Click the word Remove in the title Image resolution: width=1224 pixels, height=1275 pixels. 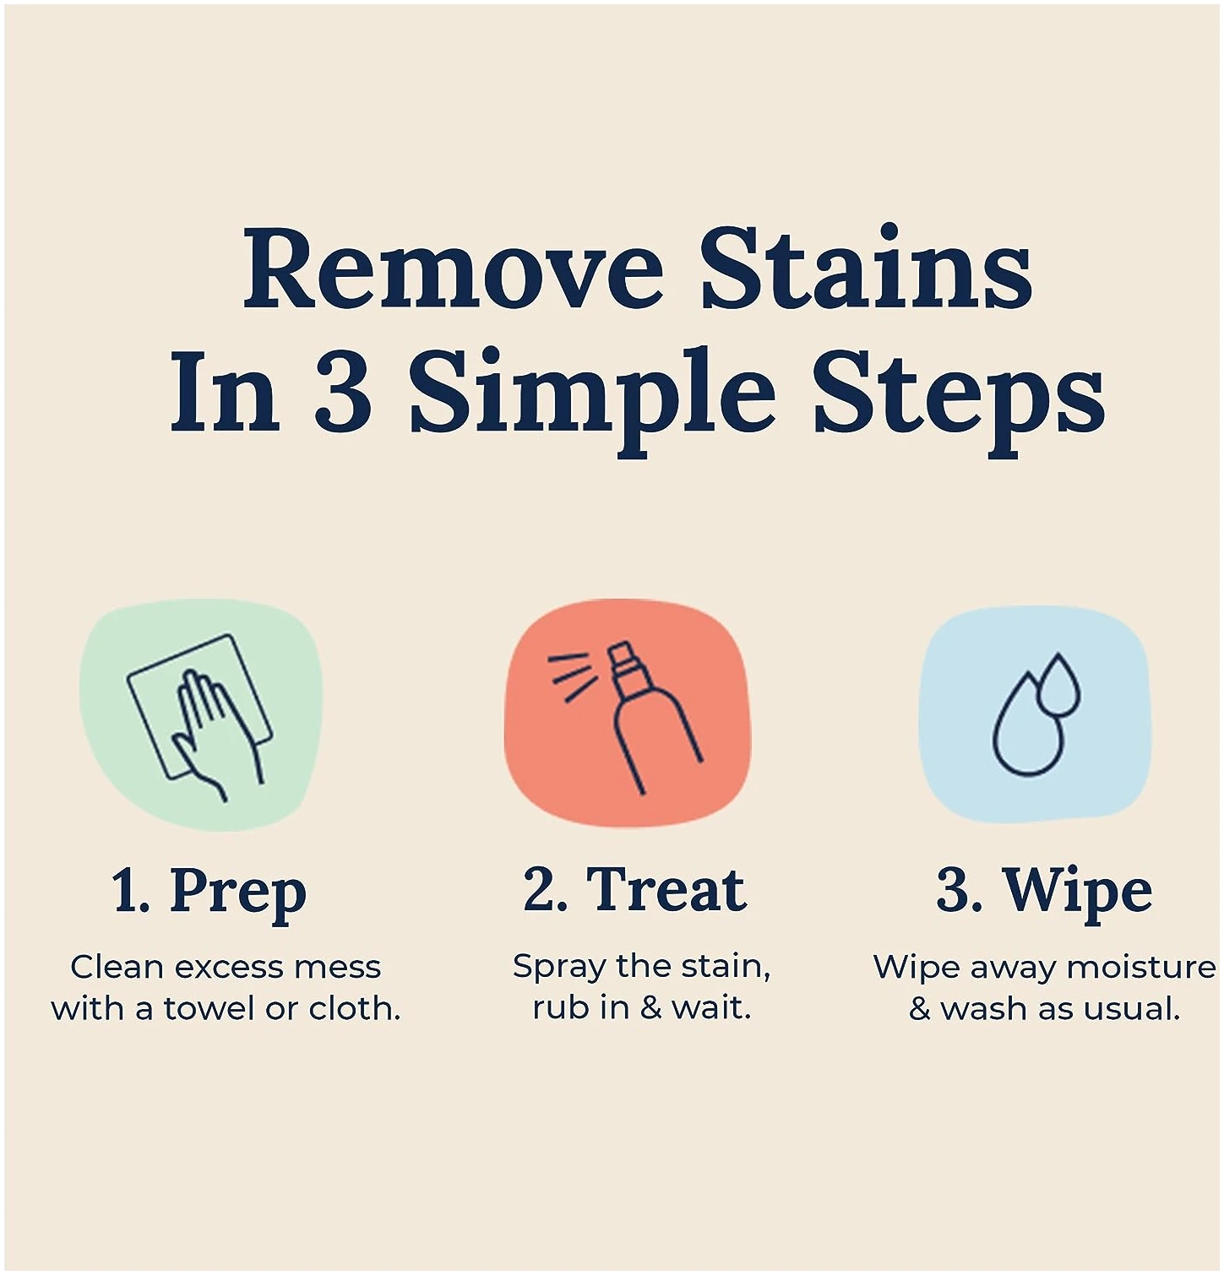pos(453,269)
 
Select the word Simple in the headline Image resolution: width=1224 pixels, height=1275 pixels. pos(591,398)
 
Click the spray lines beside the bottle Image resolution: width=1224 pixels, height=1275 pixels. pos(573,676)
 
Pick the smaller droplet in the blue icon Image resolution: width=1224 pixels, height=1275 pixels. pos(1058,682)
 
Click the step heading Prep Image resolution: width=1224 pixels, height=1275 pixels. pos(237,893)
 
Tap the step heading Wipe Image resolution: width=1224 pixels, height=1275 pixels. pos(1077,892)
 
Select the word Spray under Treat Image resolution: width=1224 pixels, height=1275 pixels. pos(559,968)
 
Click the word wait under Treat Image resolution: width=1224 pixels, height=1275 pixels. pos(711,1007)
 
